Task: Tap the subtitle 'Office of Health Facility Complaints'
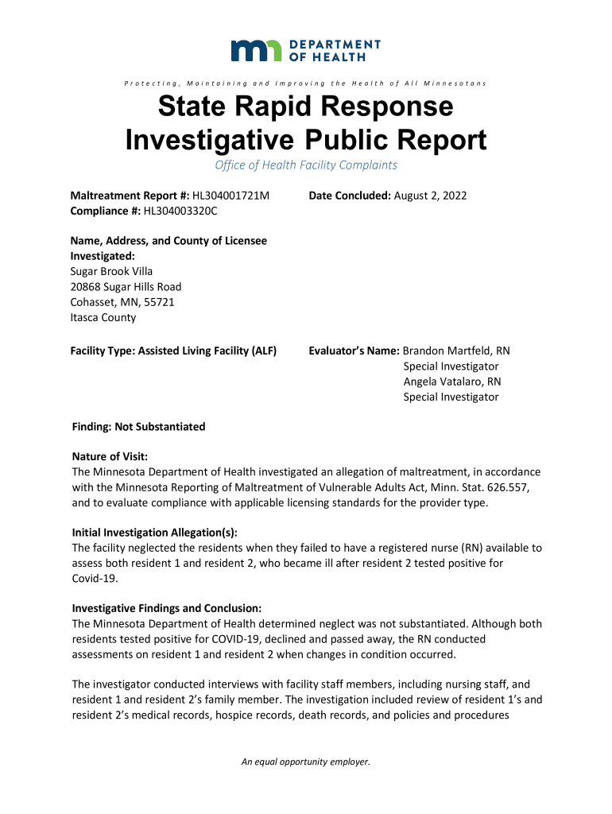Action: pyautogui.click(x=306, y=165)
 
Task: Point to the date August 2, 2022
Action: pyautogui.click(x=430, y=196)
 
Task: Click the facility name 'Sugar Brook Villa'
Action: pyautogui.click(x=112, y=271)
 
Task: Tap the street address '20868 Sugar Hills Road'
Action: pyautogui.click(x=126, y=286)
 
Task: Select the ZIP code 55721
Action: pyautogui.click(x=159, y=302)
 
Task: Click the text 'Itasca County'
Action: pyautogui.click(x=103, y=317)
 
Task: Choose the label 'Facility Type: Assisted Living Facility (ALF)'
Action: pyautogui.click(x=174, y=351)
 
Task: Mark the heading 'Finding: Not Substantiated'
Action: pyautogui.click(x=138, y=427)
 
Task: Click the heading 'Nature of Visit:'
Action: pyautogui.click(x=110, y=456)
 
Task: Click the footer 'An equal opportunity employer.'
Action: pyautogui.click(x=306, y=762)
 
